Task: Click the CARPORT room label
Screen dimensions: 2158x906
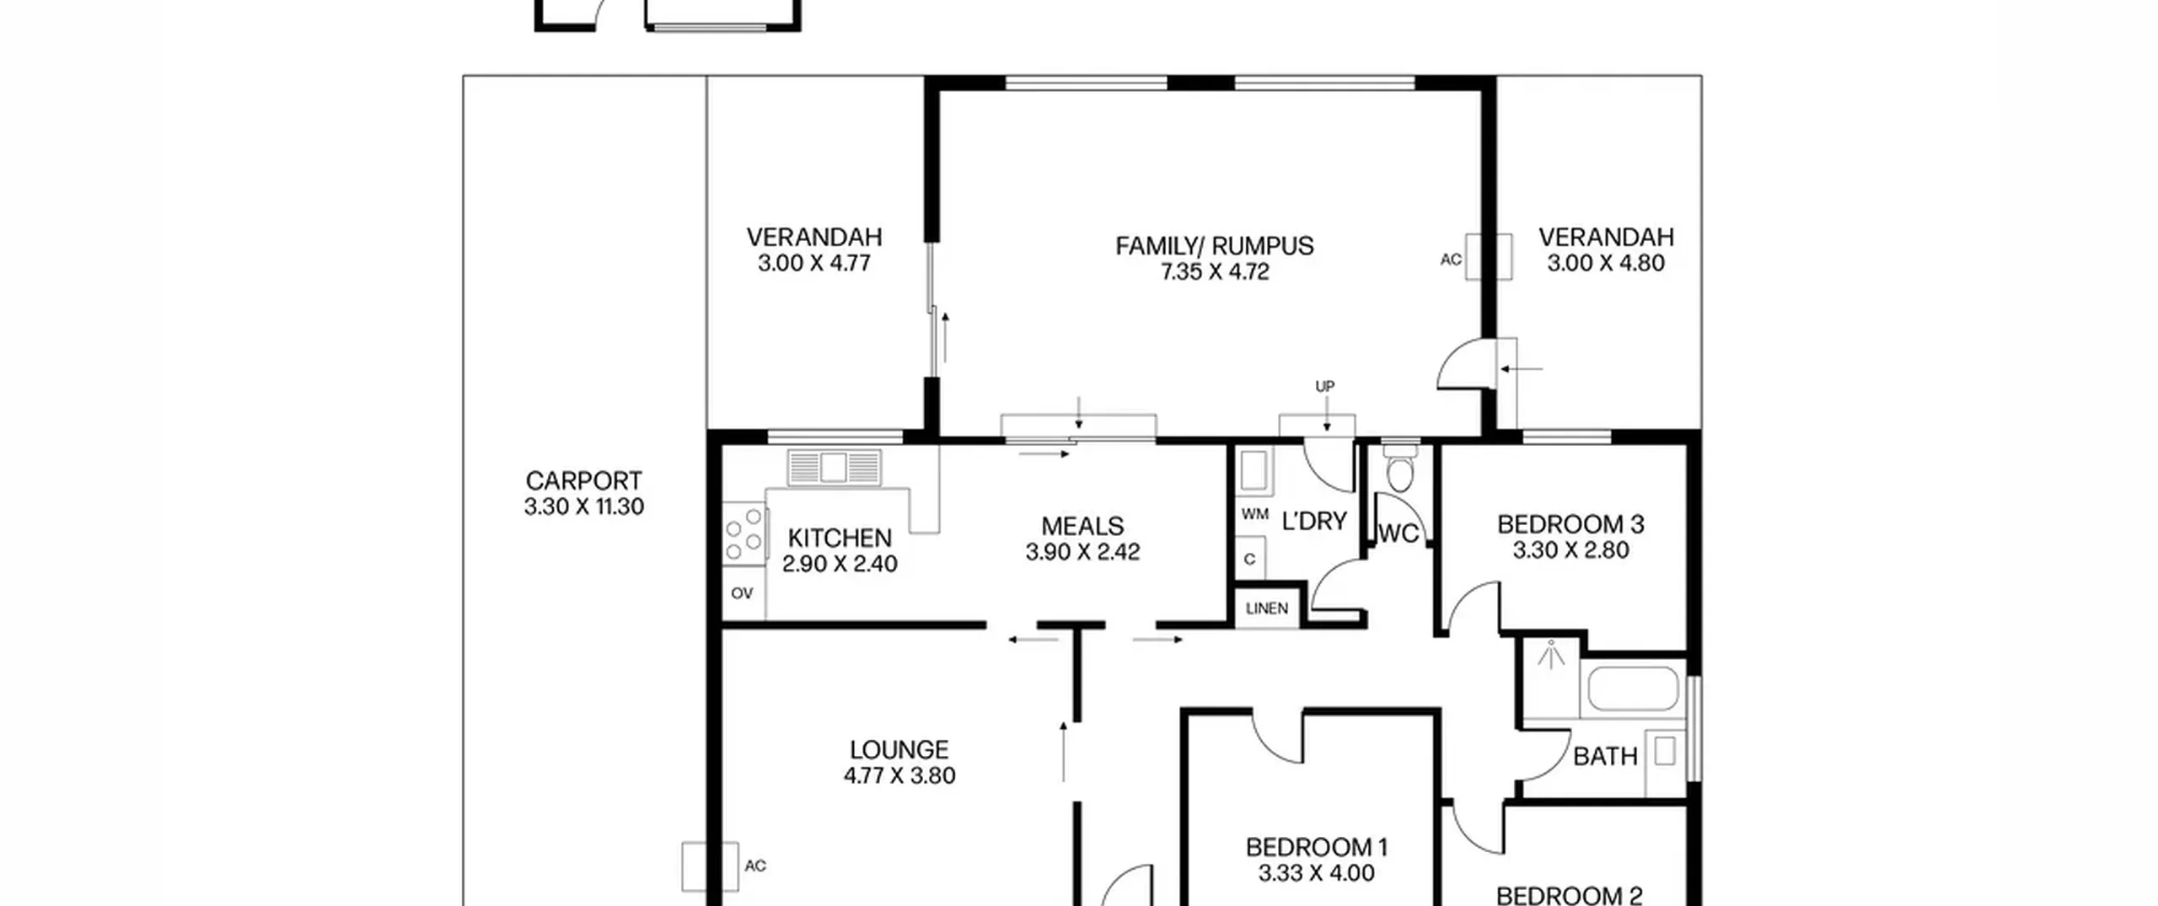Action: pos(583,480)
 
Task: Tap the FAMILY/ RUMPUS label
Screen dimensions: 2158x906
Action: pos(1214,246)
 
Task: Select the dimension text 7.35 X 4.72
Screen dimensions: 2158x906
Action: pos(1214,271)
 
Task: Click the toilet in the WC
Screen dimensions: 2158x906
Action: pos(1400,470)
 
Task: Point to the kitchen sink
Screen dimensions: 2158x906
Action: pos(835,468)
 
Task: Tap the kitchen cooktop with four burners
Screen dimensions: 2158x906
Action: pos(744,533)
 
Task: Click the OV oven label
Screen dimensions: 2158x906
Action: pos(742,593)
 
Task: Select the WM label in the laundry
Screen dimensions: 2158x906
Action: pos(1254,514)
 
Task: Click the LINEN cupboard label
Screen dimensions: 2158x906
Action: pos(1266,608)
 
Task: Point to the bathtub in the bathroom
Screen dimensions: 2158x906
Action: pos(1632,689)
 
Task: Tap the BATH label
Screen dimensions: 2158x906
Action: pos(1605,757)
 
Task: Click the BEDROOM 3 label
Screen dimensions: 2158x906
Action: pos(1570,524)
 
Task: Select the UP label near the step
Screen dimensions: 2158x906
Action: pos(1325,386)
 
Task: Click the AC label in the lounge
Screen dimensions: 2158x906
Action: pos(755,866)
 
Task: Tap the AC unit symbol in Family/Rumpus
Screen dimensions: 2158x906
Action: pos(1488,256)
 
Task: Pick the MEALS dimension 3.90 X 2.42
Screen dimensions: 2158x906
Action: pos(1082,552)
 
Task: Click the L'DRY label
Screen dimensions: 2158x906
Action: pos(1314,522)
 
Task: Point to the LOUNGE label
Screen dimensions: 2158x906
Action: pos(899,749)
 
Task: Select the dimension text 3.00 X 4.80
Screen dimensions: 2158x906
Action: pos(1606,263)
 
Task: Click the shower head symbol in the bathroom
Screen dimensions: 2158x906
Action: pos(1550,655)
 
